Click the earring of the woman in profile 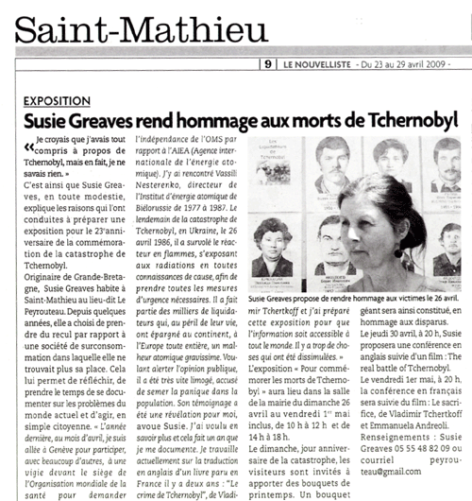pos(398,252)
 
